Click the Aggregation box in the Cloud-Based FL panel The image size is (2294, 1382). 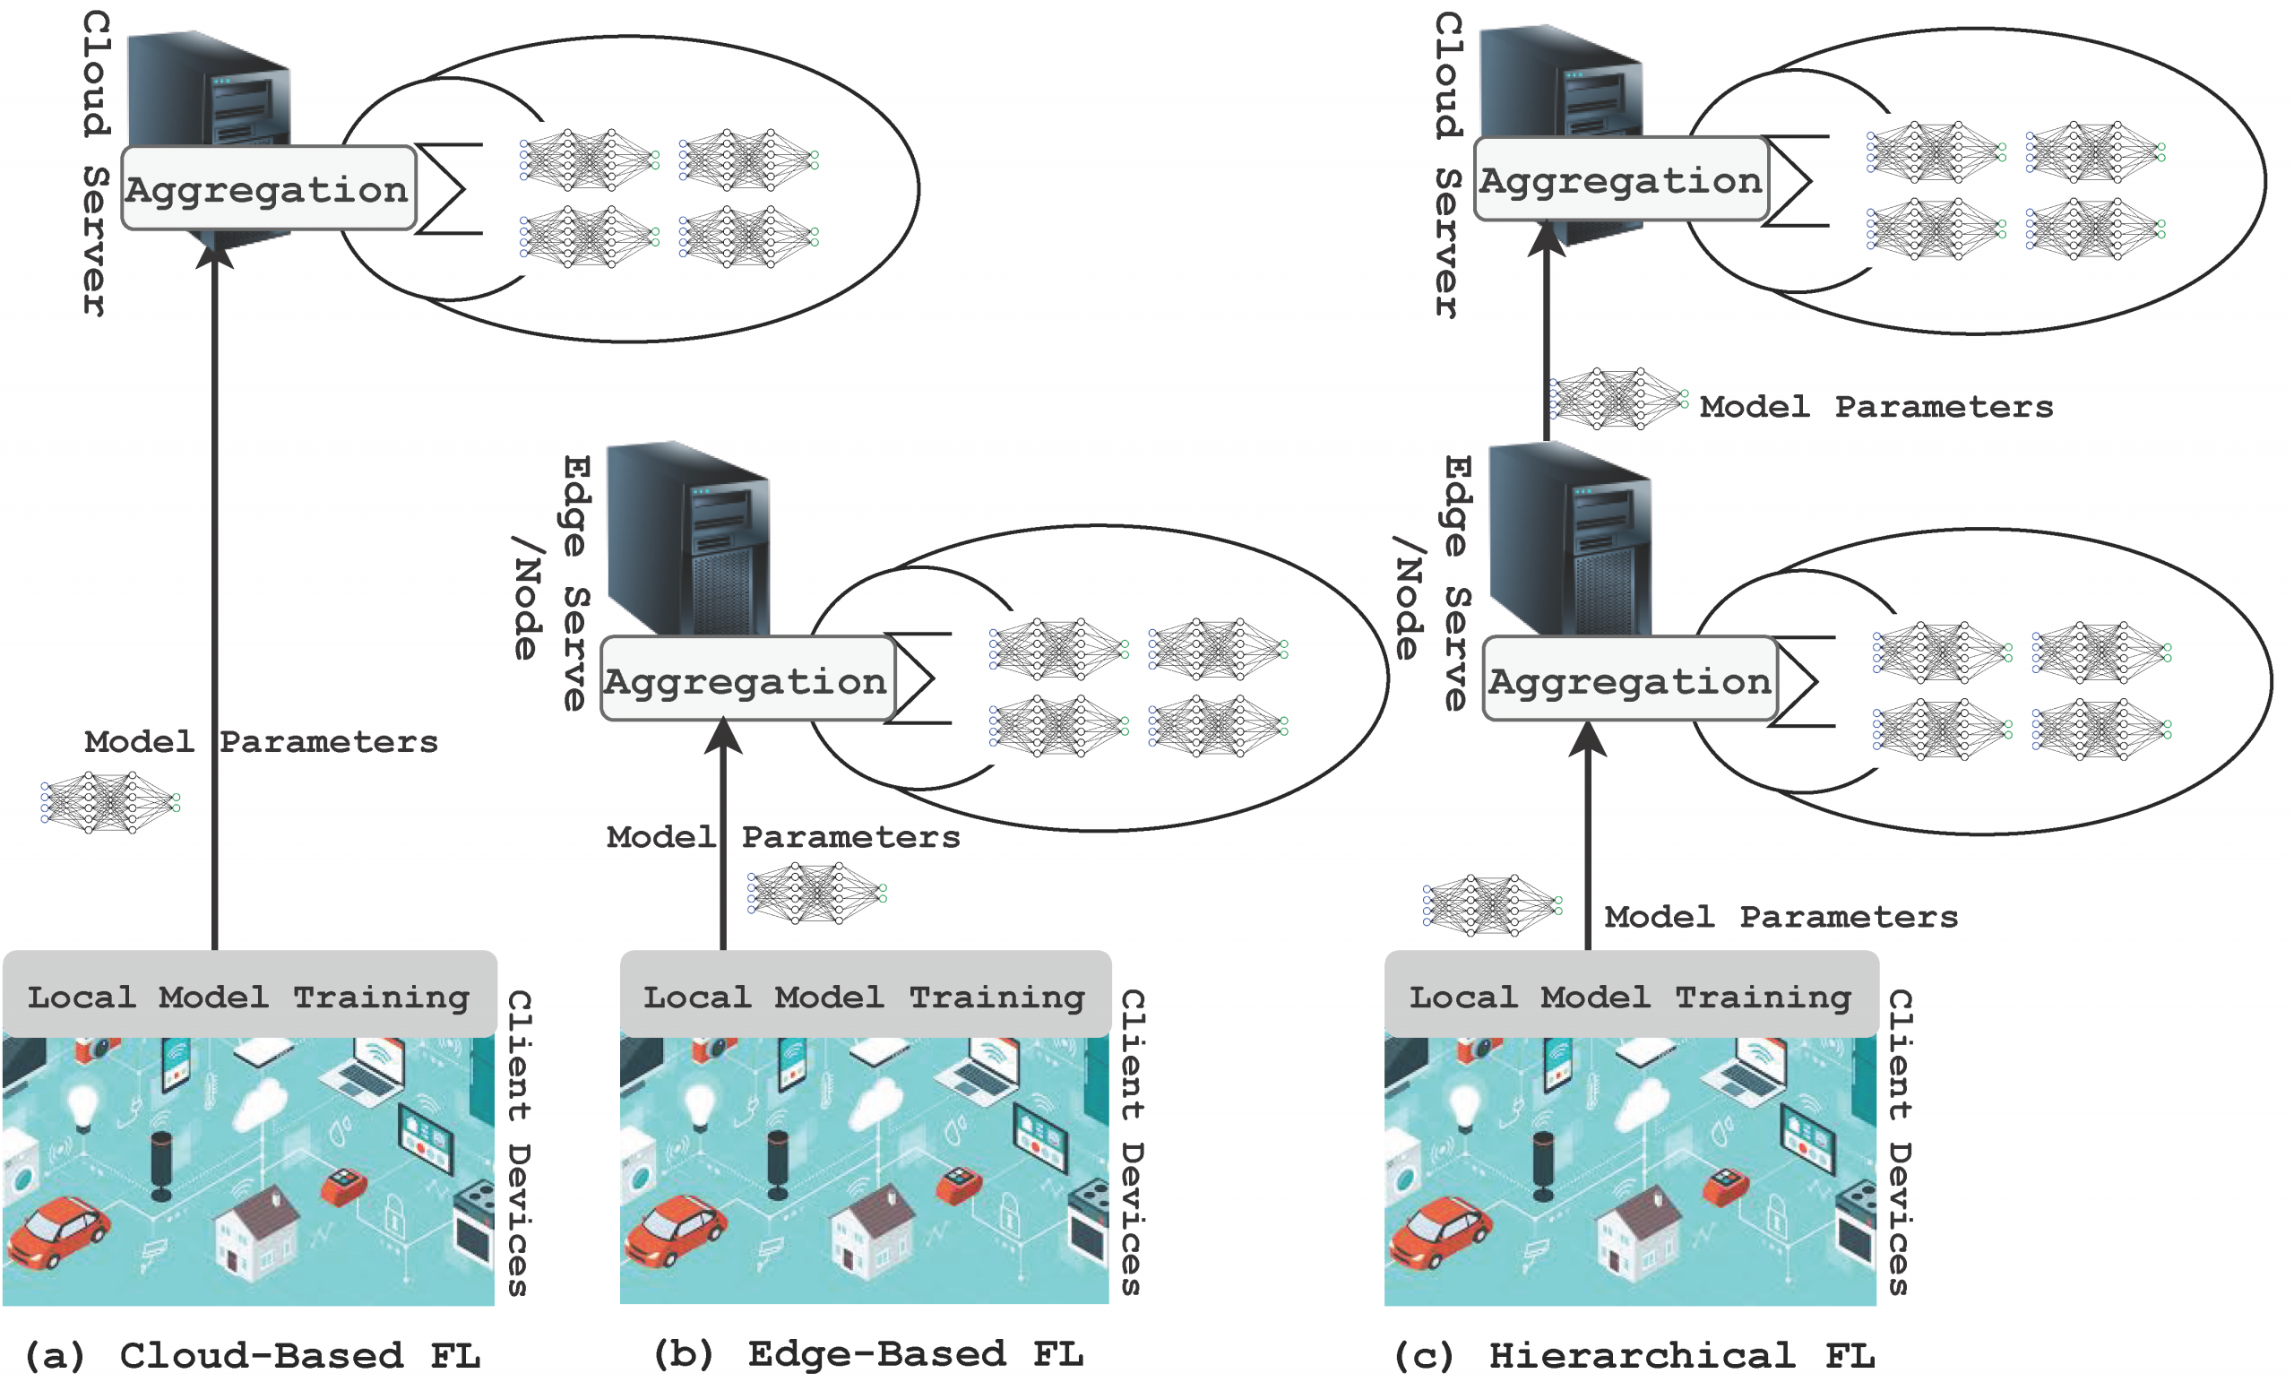269,188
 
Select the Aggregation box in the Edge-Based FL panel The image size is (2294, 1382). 748,678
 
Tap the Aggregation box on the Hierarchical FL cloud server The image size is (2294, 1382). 1622,179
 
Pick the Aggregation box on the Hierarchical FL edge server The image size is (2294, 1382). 1630,678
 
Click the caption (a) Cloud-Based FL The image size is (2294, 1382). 253,1356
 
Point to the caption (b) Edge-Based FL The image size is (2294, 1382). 868,1355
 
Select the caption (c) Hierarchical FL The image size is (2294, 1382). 1634,1356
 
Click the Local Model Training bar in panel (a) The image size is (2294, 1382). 249,995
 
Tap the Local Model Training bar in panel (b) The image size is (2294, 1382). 866,995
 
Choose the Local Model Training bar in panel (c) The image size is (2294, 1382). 1631,995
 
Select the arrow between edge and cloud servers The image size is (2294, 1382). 1548,331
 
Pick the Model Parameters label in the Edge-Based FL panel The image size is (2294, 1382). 783,836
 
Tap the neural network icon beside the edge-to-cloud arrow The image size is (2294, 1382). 1619,399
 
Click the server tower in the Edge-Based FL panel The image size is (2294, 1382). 689,540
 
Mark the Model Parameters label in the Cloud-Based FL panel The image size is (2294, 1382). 261,741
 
